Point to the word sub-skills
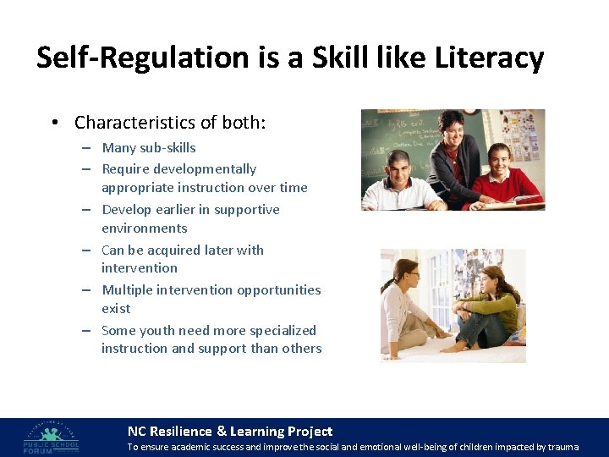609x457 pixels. click(166, 147)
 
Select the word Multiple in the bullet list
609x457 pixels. click(126, 289)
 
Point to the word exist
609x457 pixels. click(116, 308)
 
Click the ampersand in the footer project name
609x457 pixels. click(222, 432)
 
